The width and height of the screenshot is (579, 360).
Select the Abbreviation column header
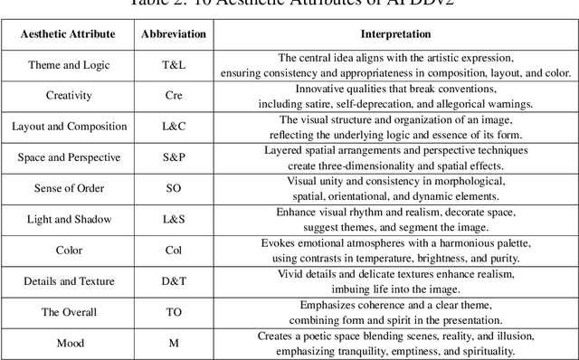pos(174,33)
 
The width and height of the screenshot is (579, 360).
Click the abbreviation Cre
pos(174,95)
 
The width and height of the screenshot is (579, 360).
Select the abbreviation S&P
pos(174,157)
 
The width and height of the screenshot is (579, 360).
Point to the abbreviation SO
pos(174,188)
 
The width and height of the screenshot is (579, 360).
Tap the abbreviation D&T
pos(174,281)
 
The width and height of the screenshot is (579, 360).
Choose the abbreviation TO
pos(174,312)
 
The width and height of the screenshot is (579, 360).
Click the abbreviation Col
pos(174,251)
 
